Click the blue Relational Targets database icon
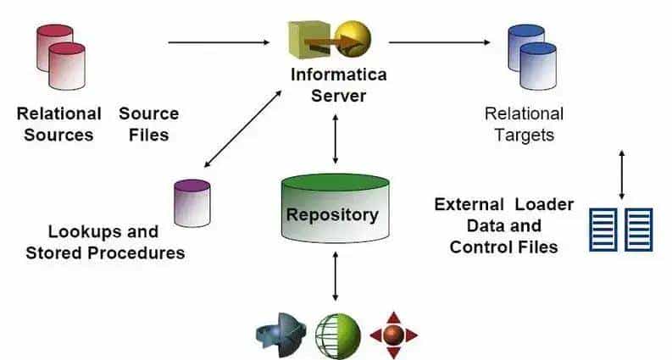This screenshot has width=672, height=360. (532, 58)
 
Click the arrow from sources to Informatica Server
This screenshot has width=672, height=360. (224, 41)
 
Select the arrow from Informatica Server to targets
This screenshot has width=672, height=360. (440, 41)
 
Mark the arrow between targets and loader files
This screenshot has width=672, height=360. (622, 174)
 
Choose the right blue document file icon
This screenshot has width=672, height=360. (639, 229)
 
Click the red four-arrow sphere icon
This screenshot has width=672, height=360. (393, 335)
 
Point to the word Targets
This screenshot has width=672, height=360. (525, 135)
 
